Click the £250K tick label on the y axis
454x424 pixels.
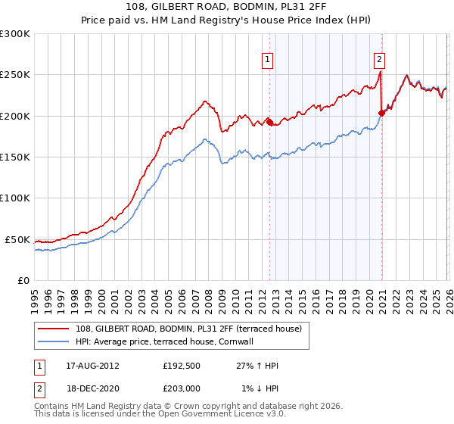tap(15, 75)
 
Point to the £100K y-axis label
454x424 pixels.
tap(15, 198)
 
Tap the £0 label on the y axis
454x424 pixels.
tap(23, 280)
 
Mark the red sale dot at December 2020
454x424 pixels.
tap(381, 114)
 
